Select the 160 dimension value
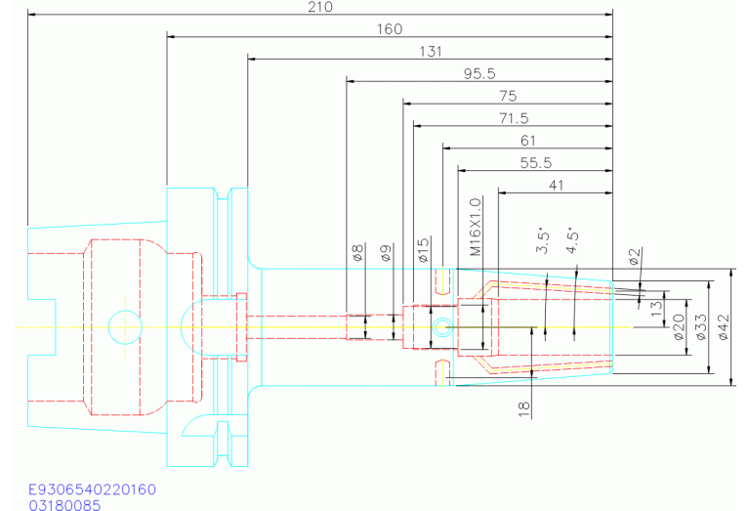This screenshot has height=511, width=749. (390, 29)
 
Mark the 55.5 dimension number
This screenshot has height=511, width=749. (535, 163)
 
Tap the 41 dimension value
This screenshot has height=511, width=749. (557, 185)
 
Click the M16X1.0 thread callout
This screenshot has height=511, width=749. (476, 226)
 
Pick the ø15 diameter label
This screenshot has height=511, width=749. (424, 249)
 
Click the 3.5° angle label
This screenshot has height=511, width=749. (544, 241)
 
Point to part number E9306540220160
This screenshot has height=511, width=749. (92, 489)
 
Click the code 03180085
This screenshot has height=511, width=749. (64, 504)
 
